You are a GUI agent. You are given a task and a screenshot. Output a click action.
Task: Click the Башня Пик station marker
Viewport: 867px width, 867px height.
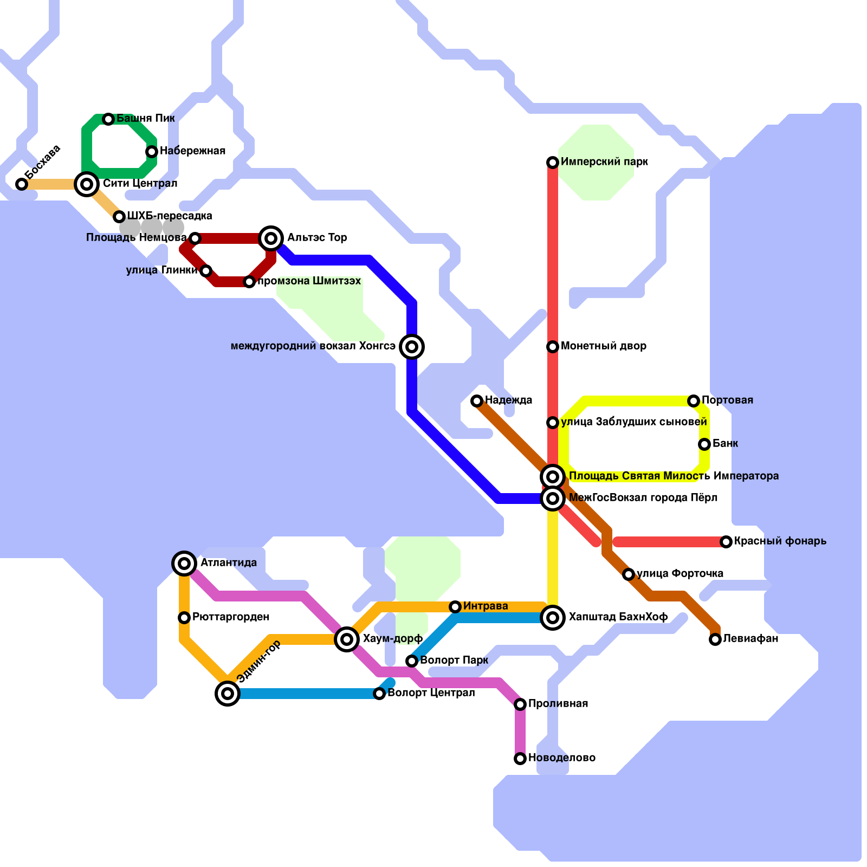108,119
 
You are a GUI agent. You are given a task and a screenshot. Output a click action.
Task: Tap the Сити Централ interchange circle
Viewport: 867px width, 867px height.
87,184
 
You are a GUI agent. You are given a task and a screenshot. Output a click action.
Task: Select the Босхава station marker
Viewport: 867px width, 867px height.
22,184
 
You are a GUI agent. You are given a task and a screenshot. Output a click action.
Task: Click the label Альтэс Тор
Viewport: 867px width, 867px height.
317,238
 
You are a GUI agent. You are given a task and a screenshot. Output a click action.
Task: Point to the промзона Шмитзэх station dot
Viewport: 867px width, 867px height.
249,282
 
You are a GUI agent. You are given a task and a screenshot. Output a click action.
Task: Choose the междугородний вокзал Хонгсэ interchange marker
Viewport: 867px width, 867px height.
412,347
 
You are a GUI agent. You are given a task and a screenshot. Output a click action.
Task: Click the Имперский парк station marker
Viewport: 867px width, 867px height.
553,163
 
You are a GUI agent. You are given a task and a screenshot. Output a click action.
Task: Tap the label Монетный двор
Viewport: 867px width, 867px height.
604,346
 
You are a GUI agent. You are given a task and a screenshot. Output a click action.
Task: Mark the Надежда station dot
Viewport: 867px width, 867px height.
477,401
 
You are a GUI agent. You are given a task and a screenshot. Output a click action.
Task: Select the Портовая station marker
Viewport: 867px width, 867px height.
694,401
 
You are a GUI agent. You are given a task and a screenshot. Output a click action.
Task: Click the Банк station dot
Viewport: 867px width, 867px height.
704,444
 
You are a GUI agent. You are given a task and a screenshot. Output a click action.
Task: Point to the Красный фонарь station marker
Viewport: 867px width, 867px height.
726,542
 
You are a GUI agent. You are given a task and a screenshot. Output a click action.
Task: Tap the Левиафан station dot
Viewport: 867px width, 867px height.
715,639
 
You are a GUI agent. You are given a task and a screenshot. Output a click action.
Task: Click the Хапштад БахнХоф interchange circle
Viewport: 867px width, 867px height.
553,618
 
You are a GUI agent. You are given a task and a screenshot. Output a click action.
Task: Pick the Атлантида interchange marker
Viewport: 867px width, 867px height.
184,564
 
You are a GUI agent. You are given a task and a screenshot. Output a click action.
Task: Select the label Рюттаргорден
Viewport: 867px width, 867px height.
231,617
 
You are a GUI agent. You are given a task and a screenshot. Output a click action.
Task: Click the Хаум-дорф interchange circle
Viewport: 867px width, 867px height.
347,639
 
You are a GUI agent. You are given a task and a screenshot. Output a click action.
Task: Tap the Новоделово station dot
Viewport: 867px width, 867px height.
520,759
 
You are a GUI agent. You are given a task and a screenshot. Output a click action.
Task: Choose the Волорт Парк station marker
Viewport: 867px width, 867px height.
412,661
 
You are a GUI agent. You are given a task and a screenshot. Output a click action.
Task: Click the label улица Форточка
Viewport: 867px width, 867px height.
680,574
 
